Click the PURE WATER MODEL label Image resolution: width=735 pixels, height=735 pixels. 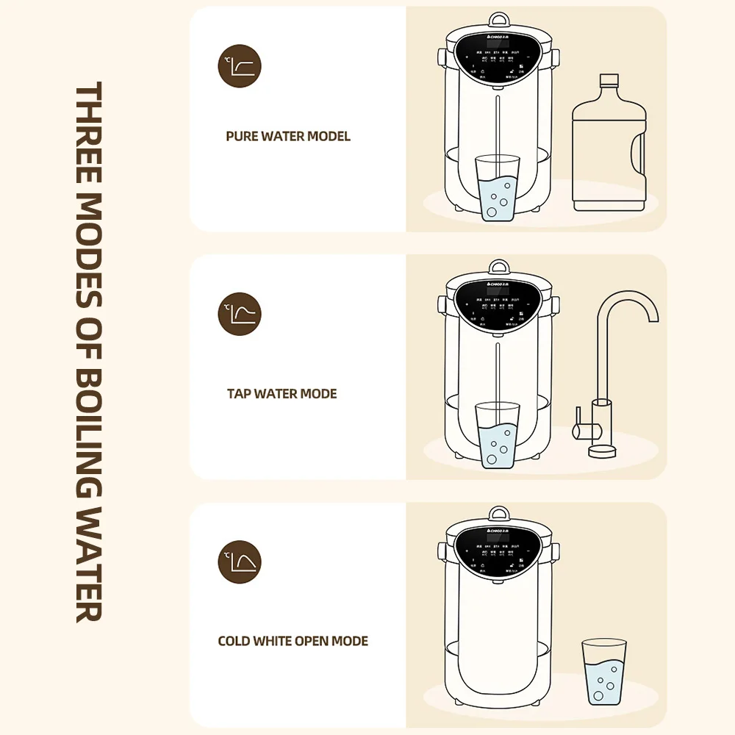(288, 137)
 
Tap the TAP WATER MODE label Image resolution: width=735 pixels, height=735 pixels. (282, 394)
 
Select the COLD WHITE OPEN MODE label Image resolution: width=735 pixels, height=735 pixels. (293, 641)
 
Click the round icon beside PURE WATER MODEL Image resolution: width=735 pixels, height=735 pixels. (240, 66)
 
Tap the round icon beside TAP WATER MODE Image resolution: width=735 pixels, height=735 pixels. (240, 314)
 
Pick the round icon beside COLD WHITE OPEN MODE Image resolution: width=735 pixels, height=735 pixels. (240, 562)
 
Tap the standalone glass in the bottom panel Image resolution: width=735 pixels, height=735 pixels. (603, 672)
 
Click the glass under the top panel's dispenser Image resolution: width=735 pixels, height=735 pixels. (497, 187)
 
